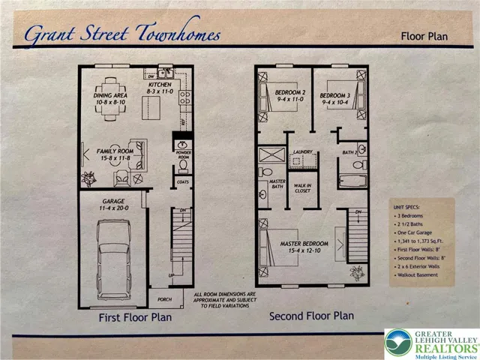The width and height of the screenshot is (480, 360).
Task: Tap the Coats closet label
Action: tap(183, 181)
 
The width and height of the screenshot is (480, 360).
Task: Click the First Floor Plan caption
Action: tap(136, 317)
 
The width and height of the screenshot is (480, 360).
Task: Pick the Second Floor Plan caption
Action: tap(311, 316)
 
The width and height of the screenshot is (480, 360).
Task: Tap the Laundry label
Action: tap(303, 151)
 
